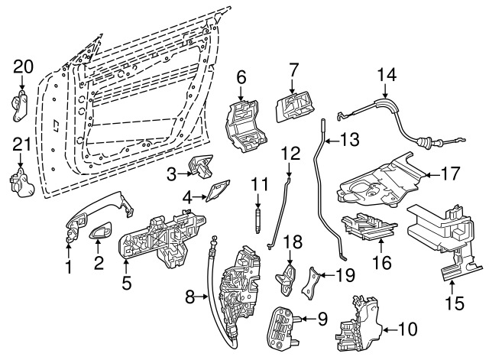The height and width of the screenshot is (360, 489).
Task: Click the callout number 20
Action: click(23, 67)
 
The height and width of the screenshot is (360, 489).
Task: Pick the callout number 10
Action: click(409, 330)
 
